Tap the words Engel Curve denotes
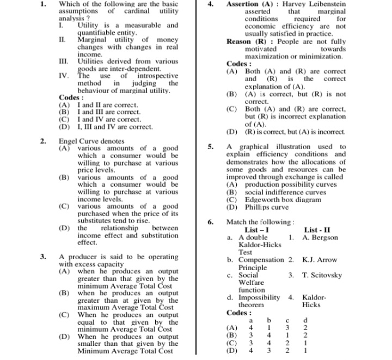point(91,141)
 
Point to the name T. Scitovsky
point(322,275)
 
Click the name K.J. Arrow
point(320,260)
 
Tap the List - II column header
point(321,230)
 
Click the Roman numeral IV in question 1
point(63,76)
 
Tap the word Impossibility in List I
point(259,297)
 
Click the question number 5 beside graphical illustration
point(210,147)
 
